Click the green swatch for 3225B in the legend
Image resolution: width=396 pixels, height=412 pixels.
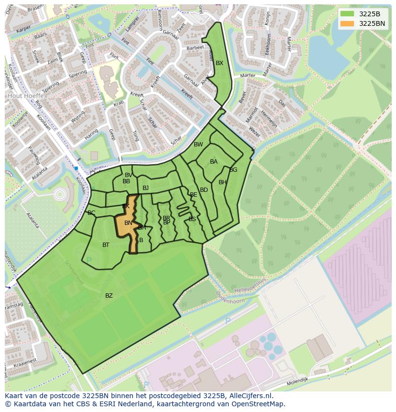[x=347, y=14]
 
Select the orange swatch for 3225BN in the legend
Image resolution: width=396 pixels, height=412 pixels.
[x=347, y=23]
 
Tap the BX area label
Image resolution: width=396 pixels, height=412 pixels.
[x=220, y=63]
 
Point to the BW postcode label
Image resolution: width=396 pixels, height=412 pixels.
[x=198, y=145]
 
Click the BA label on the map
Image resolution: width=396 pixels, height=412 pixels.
[x=214, y=162]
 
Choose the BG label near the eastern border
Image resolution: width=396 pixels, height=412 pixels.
[x=233, y=170]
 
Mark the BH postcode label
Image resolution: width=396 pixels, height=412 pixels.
[x=222, y=182]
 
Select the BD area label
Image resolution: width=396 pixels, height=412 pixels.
[x=204, y=190]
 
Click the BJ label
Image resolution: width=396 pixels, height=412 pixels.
[x=145, y=188]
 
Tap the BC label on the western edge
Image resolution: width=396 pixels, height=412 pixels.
[x=91, y=213]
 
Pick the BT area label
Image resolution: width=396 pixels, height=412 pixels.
[x=106, y=245]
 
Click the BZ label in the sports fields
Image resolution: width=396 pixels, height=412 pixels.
[x=109, y=296]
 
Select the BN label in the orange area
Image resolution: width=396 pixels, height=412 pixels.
[x=128, y=223]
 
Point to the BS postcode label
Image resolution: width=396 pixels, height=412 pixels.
[x=192, y=219]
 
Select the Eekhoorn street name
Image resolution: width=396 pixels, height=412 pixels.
[x=269, y=44]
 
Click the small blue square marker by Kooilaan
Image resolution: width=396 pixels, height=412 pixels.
[x=76, y=168]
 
